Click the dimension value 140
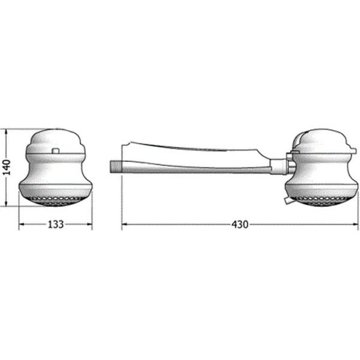point(8,167)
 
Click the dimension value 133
point(55,224)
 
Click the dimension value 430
point(240,224)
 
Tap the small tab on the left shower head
point(56,151)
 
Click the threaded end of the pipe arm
point(115,166)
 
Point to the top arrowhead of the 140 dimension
point(7,132)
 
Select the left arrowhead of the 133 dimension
point(22,224)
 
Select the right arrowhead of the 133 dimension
point(89,224)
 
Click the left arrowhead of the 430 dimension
point(125,224)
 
